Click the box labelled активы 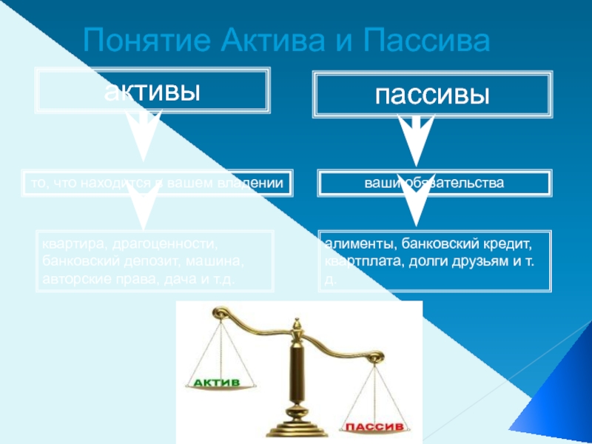(152, 91)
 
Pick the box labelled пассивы (432, 95)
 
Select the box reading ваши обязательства (434, 182)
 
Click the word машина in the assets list (221, 261)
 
